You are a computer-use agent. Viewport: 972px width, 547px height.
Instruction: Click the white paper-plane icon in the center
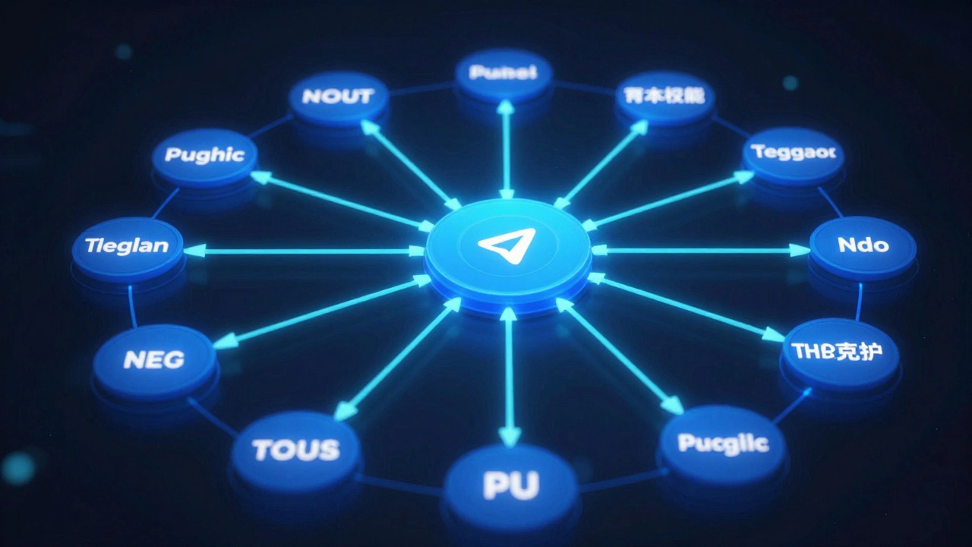[x=507, y=245]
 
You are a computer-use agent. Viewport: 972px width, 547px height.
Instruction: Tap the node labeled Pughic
[x=204, y=157]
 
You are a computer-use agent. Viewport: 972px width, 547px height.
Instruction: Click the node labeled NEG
[x=154, y=360]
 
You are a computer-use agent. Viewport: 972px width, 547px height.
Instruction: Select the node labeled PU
[x=510, y=485]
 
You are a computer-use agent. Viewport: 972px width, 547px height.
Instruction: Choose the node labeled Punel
[x=503, y=74]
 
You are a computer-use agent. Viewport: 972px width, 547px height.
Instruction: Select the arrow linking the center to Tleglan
[x=304, y=251]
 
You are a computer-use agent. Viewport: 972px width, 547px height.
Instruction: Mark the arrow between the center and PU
[x=510, y=376]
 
